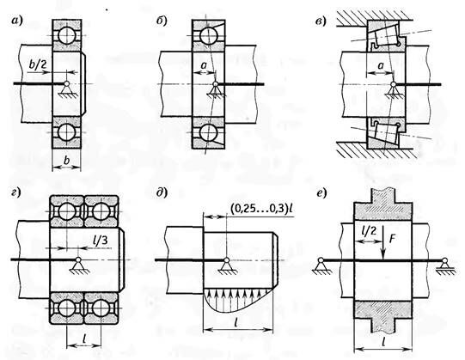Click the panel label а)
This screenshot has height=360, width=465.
16,21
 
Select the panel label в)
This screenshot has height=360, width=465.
321,21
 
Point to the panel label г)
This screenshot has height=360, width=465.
15,192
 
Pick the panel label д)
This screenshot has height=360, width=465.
162,192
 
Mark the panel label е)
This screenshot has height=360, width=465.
321,193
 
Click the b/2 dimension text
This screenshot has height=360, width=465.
38,64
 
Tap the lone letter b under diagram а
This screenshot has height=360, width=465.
67,160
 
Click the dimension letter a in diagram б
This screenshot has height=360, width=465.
204,65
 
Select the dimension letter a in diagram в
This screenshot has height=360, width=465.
381,65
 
